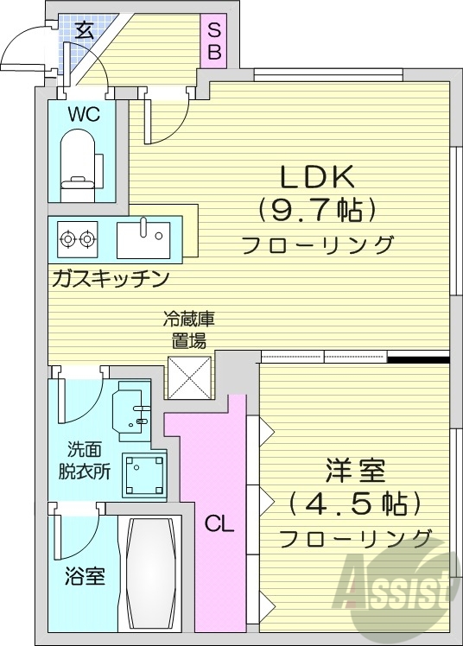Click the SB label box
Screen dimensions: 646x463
click(x=213, y=41)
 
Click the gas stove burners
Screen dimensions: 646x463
click(x=77, y=236)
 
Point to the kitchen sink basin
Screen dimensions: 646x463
click(x=144, y=236)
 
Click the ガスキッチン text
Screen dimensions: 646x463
click(x=110, y=278)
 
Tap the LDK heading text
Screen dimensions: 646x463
click(x=315, y=176)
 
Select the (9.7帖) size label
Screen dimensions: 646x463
click(x=315, y=210)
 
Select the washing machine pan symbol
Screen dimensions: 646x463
click(x=143, y=475)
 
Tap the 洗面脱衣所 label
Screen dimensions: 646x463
click(x=89, y=460)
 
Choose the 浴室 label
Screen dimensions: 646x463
click(x=84, y=576)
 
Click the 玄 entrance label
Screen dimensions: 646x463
click(x=84, y=30)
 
